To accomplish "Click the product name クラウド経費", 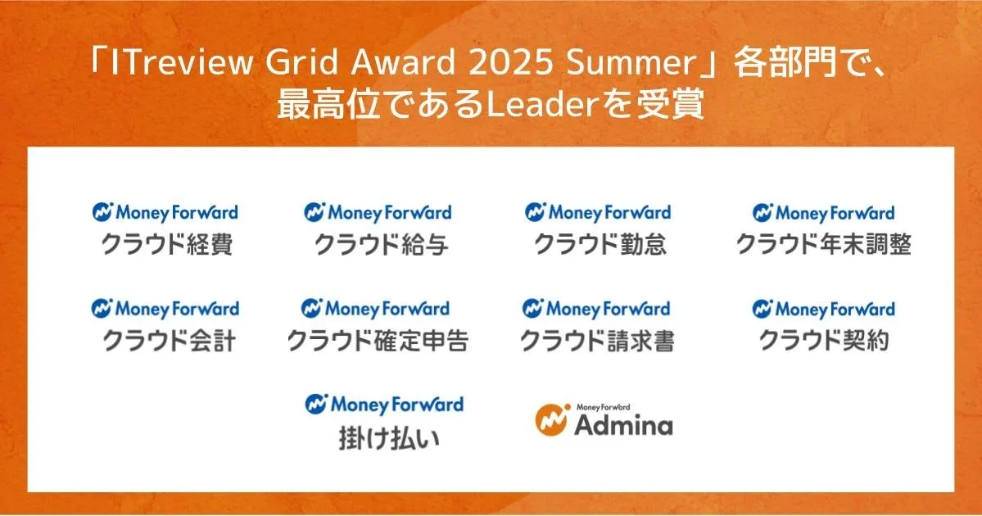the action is tap(167, 244).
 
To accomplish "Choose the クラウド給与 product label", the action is tap(381, 244).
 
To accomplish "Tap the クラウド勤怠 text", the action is tap(600, 244).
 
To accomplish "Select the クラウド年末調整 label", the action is tap(824, 244).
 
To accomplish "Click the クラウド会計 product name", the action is tap(169, 342).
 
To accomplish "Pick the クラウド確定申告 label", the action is tap(378, 342).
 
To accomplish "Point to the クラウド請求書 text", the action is tap(597, 342).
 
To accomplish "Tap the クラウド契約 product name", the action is tap(824, 342).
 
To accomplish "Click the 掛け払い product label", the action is tap(390, 438).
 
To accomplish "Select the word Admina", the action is tap(624, 425).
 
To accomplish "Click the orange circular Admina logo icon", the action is tap(552, 419).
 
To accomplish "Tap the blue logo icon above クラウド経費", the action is tap(102, 211).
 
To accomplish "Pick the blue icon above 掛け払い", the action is tap(316, 404).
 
